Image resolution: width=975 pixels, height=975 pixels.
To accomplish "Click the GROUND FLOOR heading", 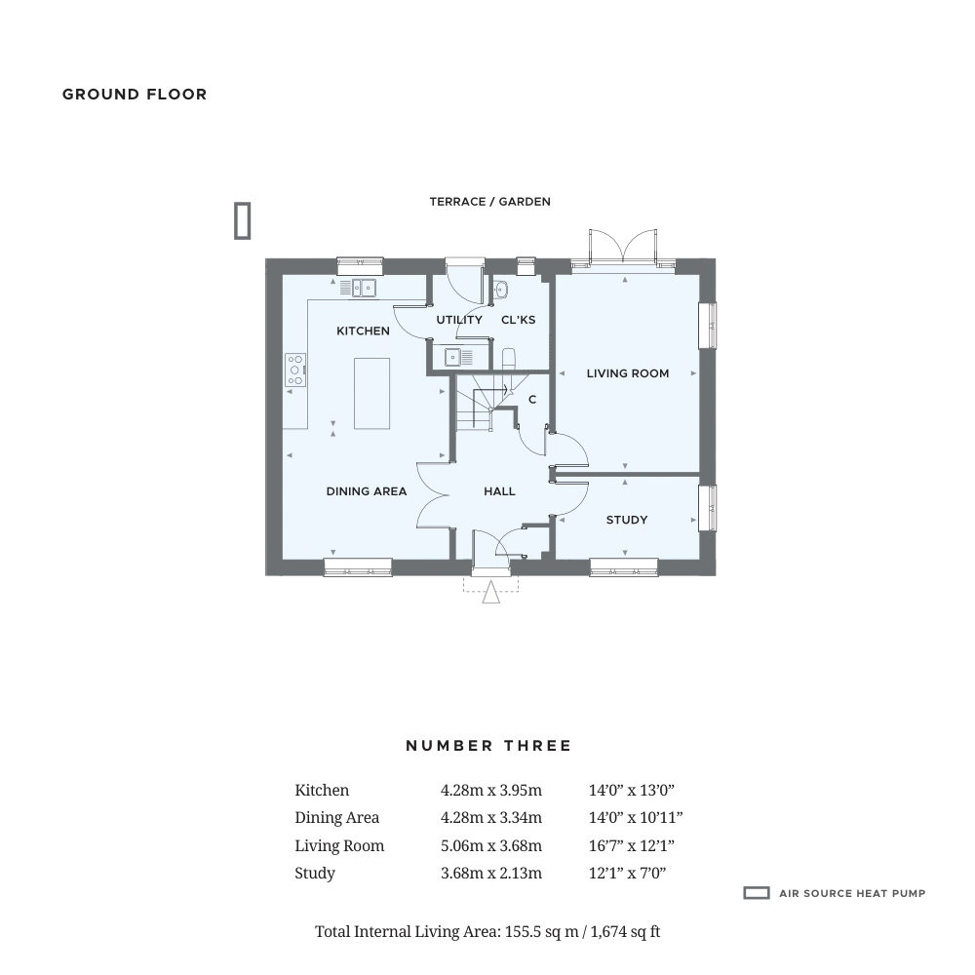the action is click(x=135, y=95).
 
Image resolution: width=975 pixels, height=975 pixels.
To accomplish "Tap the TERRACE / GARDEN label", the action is click(x=490, y=202).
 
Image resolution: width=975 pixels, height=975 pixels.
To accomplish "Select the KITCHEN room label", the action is click(x=363, y=331).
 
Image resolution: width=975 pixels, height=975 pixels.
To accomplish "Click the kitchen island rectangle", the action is click(x=371, y=394).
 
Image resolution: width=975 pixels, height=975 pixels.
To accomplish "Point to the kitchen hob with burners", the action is click(x=295, y=370).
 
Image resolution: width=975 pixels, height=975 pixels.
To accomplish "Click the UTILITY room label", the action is click(x=459, y=320).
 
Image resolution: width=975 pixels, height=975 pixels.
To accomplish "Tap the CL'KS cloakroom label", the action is click(x=518, y=320).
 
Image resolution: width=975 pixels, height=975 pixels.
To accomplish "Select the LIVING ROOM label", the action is click(x=628, y=373).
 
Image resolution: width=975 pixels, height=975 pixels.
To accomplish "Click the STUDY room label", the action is click(x=627, y=520).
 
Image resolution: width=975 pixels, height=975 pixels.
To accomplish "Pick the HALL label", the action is click(x=499, y=491).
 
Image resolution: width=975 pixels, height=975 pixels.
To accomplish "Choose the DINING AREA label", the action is click(x=367, y=491).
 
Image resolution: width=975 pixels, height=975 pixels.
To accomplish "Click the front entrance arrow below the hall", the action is click(x=490, y=592).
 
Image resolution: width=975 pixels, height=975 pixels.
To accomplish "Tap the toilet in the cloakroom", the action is click(x=508, y=359).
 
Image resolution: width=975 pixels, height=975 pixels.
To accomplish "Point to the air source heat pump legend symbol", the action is click(x=757, y=893).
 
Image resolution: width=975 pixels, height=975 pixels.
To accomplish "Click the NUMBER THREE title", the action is click(x=488, y=746).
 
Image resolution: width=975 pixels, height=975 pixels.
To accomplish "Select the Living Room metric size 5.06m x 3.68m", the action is click(x=491, y=845).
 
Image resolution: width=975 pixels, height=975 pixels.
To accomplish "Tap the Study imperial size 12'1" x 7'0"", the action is click(x=627, y=873).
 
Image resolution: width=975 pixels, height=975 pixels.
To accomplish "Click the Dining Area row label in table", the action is click(x=337, y=818).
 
